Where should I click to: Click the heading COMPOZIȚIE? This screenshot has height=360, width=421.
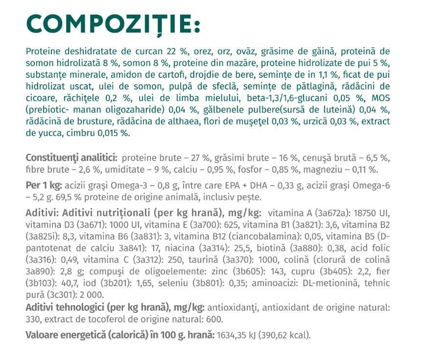pos(113,22)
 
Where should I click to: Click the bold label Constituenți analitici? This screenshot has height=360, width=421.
pos(71,158)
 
